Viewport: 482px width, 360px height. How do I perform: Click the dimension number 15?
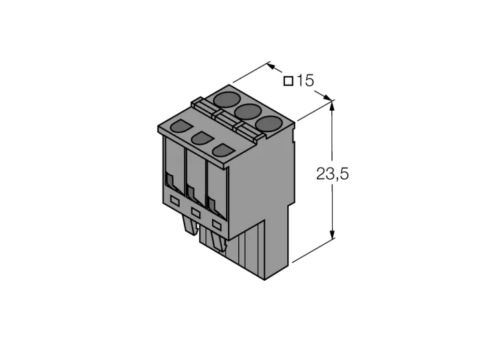tap(305, 81)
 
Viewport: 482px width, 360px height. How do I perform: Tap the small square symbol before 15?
tap(289, 81)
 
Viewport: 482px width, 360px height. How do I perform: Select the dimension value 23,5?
tap(333, 174)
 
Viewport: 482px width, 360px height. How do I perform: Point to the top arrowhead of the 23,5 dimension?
tap(332, 106)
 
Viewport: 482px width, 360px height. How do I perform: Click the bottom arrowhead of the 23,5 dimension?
tap(332, 233)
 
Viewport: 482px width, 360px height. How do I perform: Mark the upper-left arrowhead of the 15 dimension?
tap(272, 65)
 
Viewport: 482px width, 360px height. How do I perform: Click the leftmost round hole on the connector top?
tap(227, 100)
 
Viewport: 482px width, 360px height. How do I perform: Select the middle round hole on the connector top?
tap(248, 112)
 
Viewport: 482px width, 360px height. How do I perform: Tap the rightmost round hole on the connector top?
tap(269, 124)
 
